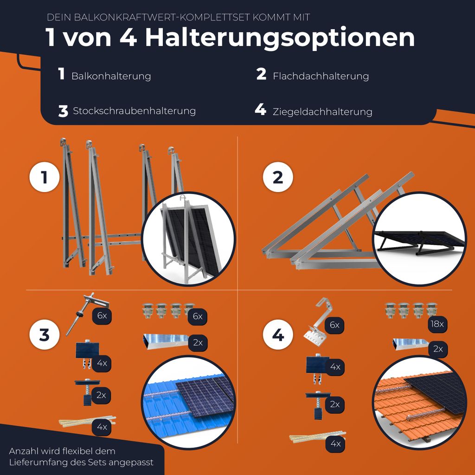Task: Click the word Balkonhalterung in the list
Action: [111, 76]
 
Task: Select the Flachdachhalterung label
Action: [321, 76]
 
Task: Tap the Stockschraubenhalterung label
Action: [134, 111]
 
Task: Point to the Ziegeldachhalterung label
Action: [322, 112]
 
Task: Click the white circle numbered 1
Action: [45, 177]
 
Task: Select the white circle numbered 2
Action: [278, 177]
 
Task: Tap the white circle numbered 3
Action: [45, 335]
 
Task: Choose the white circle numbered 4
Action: [278, 335]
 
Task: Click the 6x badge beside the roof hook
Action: [334, 325]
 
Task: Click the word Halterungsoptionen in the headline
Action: [280, 38]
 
